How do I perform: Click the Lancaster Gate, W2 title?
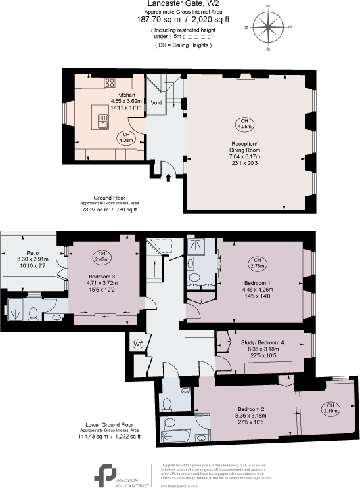pos(179,5)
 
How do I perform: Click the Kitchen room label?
pos(126,95)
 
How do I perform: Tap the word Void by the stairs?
pos(156,103)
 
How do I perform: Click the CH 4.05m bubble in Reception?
pos(244,123)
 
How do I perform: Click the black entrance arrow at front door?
pos(169,177)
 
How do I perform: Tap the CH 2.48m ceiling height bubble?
pos(102,256)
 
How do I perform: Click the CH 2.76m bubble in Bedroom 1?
pos(257,265)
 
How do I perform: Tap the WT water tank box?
pos(139,344)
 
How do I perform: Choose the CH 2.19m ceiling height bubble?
pos(331,409)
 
